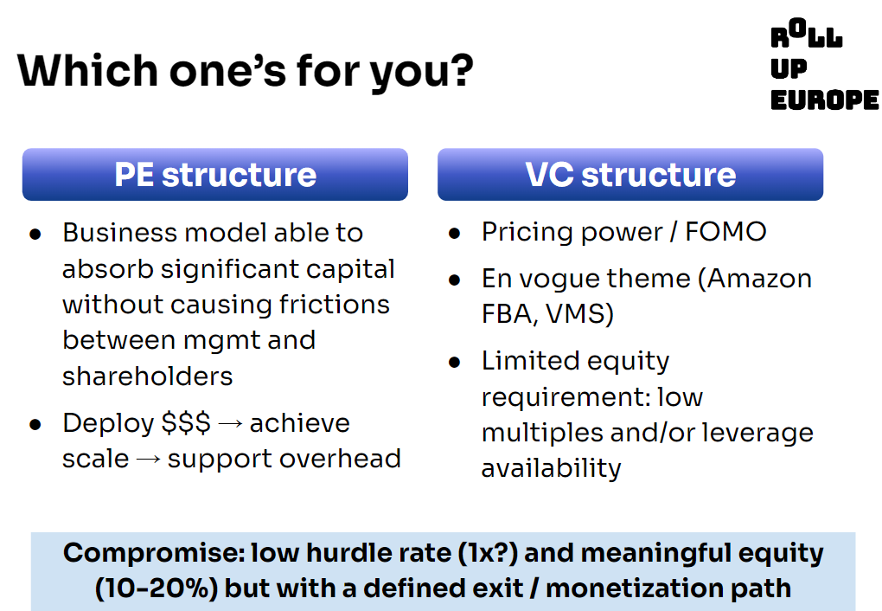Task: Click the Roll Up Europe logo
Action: pos(824,64)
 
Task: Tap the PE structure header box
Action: pos(214,174)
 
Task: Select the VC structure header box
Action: pos(630,174)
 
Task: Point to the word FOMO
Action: pos(725,231)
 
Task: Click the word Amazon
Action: pos(759,278)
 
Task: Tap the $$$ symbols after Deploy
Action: pos(186,423)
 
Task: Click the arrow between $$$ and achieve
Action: pos(229,423)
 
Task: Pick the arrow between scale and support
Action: pos(149,459)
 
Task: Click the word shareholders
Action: pos(147,376)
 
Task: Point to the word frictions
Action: pos(335,304)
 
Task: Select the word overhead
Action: pos(341,459)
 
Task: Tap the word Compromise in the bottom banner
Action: pos(154,553)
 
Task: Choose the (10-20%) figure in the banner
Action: pos(156,588)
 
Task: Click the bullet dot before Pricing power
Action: pos(455,233)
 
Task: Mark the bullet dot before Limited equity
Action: pos(455,362)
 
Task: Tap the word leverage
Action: pos(758,433)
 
